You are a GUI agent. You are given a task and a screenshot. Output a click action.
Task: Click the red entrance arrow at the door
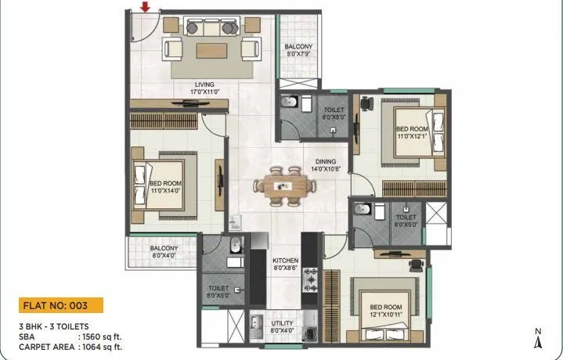[x=145, y=8]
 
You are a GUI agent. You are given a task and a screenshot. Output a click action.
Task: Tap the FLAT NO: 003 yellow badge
[x=60, y=305]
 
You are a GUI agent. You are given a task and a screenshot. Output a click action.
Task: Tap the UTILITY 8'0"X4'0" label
[x=283, y=326]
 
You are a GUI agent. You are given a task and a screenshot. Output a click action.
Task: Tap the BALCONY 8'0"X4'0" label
[x=164, y=252]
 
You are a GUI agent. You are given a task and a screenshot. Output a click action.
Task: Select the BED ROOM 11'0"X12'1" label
[x=412, y=132]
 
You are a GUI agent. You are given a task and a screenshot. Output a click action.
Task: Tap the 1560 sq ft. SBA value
[x=99, y=337]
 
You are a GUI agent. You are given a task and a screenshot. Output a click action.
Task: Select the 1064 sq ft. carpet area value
[x=99, y=345]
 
